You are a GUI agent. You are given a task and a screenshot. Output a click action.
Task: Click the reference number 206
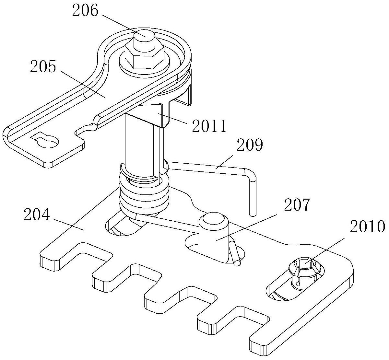pyautogui.click(x=85, y=11)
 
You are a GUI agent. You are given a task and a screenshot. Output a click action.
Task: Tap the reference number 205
pyautogui.click(x=43, y=66)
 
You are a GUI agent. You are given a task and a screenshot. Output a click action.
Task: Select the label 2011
pyautogui.click(x=209, y=126)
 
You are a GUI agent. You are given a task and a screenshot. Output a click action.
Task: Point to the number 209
pyautogui.click(x=250, y=145)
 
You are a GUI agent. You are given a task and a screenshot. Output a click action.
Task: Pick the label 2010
pyautogui.click(x=367, y=226)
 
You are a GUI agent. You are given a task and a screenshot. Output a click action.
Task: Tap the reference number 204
pyautogui.click(x=37, y=215)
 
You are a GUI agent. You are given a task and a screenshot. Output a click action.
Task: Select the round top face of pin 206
pyautogui.click(x=144, y=36)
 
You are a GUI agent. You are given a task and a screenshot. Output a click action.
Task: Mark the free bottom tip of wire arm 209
pyautogui.click(x=253, y=215)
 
